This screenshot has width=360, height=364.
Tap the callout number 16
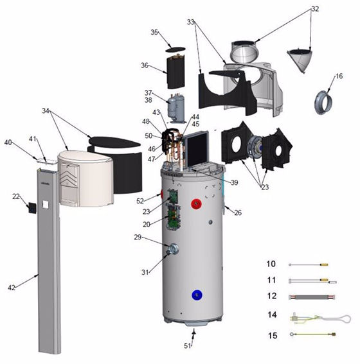(339, 76)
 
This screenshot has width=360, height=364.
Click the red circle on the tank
(196, 205)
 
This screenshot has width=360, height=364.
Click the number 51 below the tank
(188, 346)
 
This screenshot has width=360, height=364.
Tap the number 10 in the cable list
(270, 264)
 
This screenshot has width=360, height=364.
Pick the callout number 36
(145, 65)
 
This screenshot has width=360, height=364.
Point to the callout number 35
(154, 32)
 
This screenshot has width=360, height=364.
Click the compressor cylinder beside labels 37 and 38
(175, 107)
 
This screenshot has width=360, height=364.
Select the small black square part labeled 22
(30, 207)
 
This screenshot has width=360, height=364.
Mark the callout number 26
(238, 212)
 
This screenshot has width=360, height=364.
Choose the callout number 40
(8, 143)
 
